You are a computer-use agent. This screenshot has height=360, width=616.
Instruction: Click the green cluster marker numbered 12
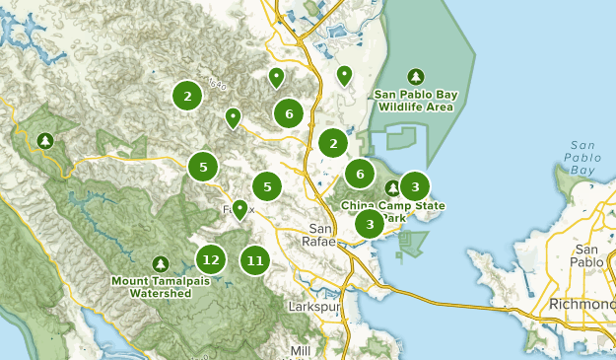209,260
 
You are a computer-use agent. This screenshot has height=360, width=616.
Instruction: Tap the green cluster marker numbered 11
255,260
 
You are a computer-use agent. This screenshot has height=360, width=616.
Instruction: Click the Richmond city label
582,303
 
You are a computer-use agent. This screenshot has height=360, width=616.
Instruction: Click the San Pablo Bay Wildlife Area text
415,100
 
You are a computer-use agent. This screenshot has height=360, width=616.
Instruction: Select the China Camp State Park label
392,210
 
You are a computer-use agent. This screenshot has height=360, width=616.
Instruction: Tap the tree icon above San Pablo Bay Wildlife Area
416,77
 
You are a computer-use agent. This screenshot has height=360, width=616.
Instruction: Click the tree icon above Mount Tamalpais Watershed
162,263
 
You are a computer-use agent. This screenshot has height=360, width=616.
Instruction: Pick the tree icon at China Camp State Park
392,187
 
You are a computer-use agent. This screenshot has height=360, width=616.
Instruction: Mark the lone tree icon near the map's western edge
44,141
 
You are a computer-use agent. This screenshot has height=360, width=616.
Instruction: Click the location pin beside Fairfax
240,209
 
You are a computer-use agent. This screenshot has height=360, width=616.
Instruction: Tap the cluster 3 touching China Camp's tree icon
415,185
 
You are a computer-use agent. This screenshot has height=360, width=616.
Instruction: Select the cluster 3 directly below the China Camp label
370,224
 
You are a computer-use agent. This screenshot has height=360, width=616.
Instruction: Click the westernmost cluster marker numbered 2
187,96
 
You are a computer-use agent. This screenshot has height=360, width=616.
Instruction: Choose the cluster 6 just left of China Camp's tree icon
360,175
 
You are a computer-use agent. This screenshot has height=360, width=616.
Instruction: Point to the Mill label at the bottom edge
301,351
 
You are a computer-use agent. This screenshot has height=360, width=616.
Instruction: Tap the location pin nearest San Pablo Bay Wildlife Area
344,74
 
